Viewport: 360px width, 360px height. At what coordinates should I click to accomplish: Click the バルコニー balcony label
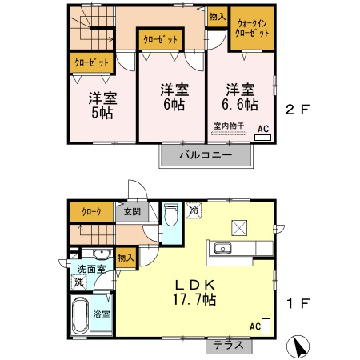tap(206, 154)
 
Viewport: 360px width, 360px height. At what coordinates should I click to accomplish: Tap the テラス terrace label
tap(229, 346)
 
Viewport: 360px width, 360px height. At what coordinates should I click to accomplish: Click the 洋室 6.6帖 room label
tap(240, 97)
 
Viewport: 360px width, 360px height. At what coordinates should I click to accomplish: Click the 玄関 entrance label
tap(132, 212)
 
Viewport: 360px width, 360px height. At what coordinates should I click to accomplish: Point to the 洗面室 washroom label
tap(91, 269)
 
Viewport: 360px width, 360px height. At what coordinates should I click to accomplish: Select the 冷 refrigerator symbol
tap(194, 210)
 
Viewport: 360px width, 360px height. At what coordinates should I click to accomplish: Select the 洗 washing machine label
tap(78, 282)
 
